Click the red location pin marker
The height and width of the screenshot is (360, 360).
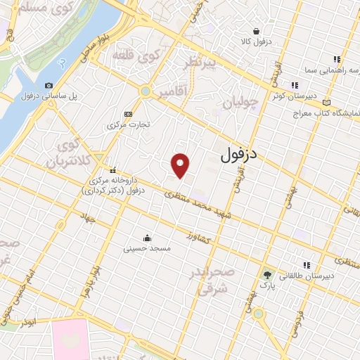point(181,165)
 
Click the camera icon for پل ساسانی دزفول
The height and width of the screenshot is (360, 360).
point(49,86)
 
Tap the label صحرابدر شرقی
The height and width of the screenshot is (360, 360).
point(210,280)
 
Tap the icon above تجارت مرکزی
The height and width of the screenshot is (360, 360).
point(128,114)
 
